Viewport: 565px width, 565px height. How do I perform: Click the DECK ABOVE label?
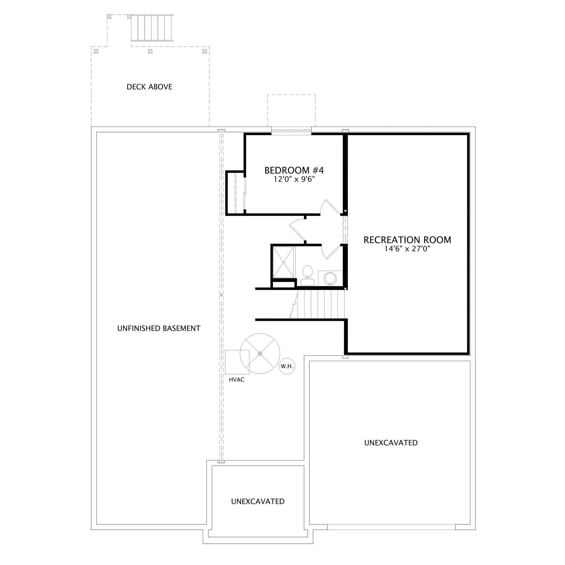[x=149, y=87]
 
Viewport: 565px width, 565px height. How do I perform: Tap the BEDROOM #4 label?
[x=294, y=170]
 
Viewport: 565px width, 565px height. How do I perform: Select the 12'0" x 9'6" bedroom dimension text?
[x=294, y=179]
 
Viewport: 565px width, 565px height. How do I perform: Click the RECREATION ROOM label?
[x=407, y=240]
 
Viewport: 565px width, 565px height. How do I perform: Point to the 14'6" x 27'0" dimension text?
[x=407, y=249]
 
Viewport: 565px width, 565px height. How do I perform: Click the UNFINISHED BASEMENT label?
[x=159, y=329]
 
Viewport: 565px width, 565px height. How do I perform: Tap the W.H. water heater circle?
[x=287, y=366]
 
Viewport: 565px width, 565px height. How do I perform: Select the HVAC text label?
[x=236, y=380]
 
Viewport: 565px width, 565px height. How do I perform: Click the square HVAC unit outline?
[x=237, y=362]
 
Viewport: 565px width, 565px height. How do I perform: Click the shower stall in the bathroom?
[x=283, y=262]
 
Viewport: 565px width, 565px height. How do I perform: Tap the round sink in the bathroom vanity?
[x=331, y=279]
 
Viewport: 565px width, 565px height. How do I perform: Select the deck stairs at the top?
[x=152, y=28]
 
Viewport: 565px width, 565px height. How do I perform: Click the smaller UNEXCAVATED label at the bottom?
[x=258, y=501]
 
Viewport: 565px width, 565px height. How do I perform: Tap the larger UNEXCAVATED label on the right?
[x=391, y=443]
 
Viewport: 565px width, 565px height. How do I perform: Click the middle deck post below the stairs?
[x=150, y=51]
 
